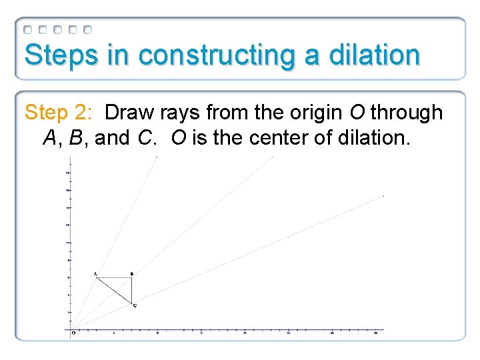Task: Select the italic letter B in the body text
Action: click(x=76, y=138)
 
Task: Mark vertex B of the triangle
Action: click(x=131, y=277)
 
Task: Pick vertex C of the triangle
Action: click(x=131, y=304)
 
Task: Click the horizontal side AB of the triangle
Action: click(x=114, y=277)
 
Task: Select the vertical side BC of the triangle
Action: click(x=131, y=291)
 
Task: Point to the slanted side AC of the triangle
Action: click(x=114, y=291)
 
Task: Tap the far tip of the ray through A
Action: click(x=157, y=157)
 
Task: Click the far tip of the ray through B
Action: click(x=272, y=157)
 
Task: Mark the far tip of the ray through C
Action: click(x=383, y=196)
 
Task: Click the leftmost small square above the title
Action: click(x=28, y=29)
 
